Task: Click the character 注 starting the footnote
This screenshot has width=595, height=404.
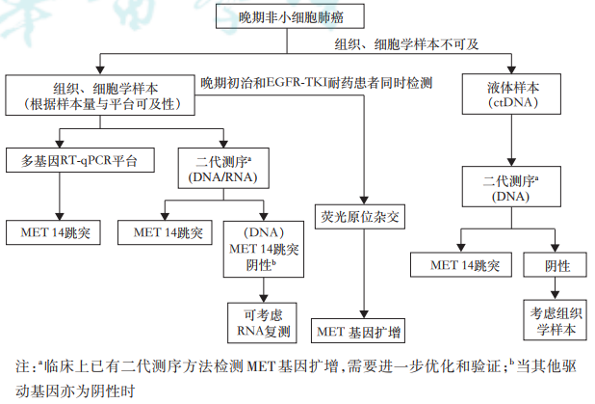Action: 24,367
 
